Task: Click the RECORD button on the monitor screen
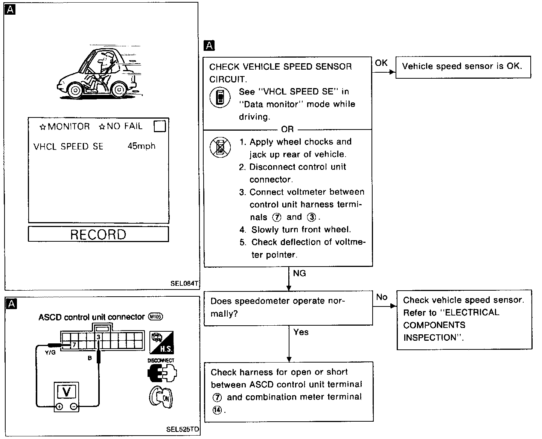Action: pyautogui.click(x=98, y=234)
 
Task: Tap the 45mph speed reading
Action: pyautogui.click(x=141, y=146)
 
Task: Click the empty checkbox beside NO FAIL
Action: pyautogui.click(x=160, y=126)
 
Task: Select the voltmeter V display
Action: pyautogui.click(x=66, y=392)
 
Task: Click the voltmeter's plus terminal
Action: pyautogui.click(x=59, y=407)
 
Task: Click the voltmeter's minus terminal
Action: pyautogui.click(x=74, y=407)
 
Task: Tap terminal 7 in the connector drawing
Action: pyautogui.click(x=74, y=344)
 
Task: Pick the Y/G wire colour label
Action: pyautogui.click(x=50, y=353)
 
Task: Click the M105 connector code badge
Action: pyautogui.click(x=155, y=317)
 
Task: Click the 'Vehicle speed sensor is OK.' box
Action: pyautogui.click(x=463, y=67)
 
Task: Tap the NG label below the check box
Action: pyautogui.click(x=299, y=273)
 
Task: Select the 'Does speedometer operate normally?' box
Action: pyautogui.click(x=288, y=308)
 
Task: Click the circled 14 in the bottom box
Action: pyautogui.click(x=217, y=410)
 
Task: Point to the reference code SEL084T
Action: pyautogui.click(x=184, y=284)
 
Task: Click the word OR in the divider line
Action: pyautogui.click(x=287, y=130)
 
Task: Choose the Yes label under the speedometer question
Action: pyautogui.click(x=301, y=332)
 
